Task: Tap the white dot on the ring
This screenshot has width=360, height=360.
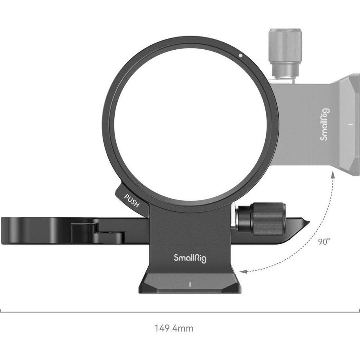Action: (x=240, y=56)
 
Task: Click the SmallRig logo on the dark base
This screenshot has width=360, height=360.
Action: (x=190, y=257)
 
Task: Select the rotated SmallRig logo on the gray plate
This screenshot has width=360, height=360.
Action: (x=325, y=124)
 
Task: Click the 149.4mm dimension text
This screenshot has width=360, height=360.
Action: (x=174, y=328)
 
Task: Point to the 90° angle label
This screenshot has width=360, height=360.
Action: (x=324, y=242)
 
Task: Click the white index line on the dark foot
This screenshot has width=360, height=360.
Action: (x=189, y=284)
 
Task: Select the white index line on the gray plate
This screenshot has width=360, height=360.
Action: (x=350, y=125)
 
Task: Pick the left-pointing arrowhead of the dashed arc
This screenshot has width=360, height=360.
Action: (x=243, y=271)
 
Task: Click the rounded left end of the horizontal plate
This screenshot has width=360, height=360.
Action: (x=5, y=231)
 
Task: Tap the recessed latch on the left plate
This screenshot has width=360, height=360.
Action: (x=98, y=232)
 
